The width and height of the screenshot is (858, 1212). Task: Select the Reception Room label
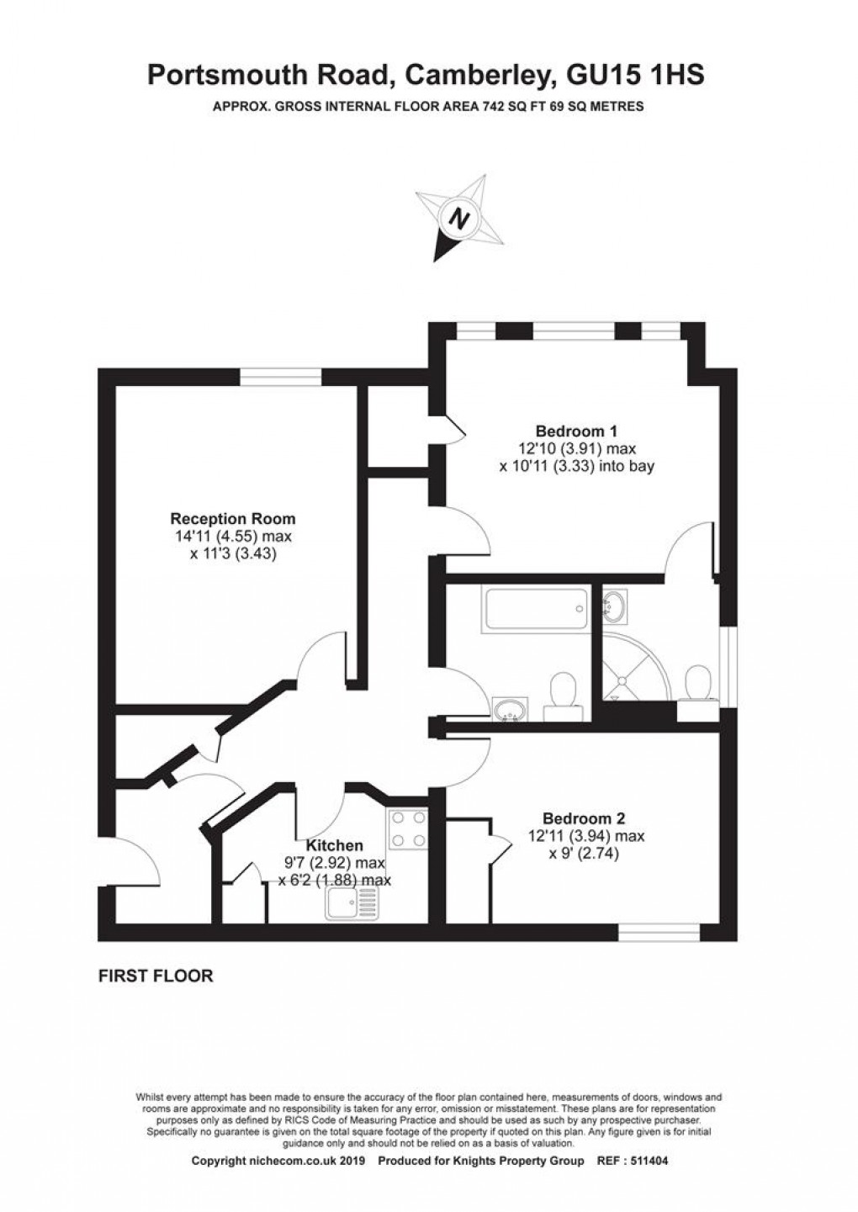[x=233, y=518]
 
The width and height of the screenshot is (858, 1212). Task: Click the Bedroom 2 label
[x=584, y=818]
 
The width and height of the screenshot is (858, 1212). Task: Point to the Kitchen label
[x=334, y=845]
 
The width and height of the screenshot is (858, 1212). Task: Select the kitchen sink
[x=354, y=902]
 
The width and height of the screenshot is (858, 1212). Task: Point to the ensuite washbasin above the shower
[x=617, y=605]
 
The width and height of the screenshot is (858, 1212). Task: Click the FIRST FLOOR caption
[x=156, y=976]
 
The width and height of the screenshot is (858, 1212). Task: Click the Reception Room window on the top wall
[x=281, y=378]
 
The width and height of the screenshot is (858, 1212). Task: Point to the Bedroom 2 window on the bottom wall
[x=659, y=932]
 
